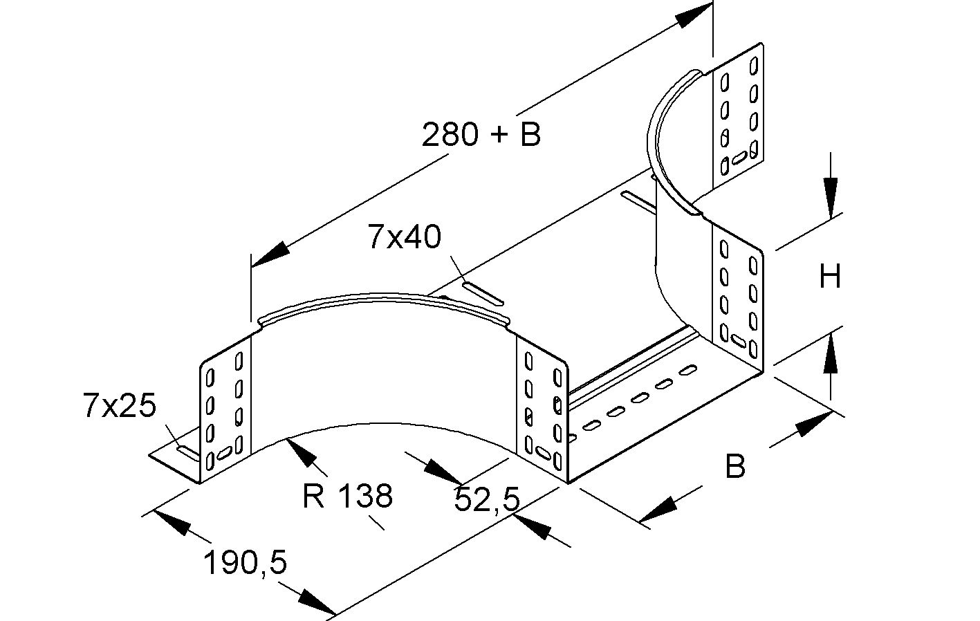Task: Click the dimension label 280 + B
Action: (481, 134)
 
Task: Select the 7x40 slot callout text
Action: (404, 237)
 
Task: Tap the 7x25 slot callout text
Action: (119, 406)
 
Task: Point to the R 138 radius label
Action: (347, 496)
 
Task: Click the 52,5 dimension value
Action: (486, 499)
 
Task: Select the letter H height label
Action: (830, 277)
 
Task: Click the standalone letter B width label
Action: (735, 467)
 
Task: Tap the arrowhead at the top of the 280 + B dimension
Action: (694, 15)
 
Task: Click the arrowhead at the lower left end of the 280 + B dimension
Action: (270, 255)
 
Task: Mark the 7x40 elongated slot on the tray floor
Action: (483, 293)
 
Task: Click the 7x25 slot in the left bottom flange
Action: (187, 452)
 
